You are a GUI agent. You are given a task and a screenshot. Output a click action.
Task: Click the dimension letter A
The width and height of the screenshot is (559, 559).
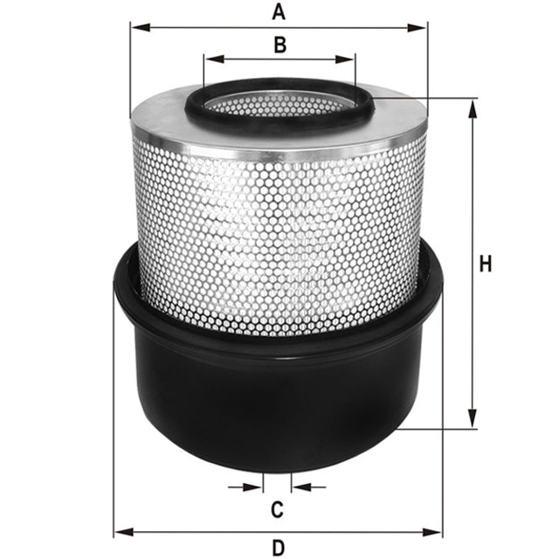[279, 11]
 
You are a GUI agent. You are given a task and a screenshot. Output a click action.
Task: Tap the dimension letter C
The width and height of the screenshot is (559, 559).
[277, 508]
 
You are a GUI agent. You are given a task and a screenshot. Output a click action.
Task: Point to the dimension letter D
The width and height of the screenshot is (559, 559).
[278, 548]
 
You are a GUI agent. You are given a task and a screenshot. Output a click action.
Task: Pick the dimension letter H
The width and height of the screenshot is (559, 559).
[487, 264]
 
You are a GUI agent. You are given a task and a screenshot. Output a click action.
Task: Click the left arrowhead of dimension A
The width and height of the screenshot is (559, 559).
[136, 27]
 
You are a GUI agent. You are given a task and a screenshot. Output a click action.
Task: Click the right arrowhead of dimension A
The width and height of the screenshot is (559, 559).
[422, 27]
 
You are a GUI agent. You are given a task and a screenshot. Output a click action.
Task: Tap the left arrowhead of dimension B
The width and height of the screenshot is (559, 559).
[210, 60]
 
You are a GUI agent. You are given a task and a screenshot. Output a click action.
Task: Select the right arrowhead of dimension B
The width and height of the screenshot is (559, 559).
[349, 60]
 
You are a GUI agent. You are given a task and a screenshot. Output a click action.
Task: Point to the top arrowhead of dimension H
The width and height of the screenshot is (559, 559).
[473, 106]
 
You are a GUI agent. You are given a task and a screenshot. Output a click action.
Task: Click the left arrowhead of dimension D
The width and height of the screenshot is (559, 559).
[121, 531]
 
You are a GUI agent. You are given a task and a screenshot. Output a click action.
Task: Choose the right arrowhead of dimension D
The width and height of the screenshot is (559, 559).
[438, 531]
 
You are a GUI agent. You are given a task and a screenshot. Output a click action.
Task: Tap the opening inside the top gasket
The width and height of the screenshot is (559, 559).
[279, 105]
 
